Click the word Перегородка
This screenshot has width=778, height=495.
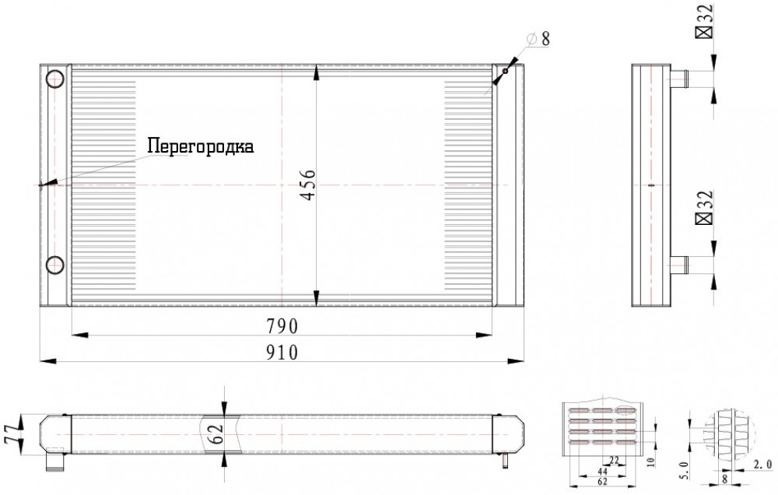coord(201,146)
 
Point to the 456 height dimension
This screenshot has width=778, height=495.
coord(308,184)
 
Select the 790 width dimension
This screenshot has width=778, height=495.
coord(282,326)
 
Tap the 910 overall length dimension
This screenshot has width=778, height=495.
coord(282,352)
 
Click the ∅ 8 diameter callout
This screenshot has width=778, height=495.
coord(539,38)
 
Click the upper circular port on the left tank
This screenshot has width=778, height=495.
coord(54,79)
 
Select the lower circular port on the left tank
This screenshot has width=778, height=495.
coord(54,265)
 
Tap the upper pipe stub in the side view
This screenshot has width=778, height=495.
coord(678,79)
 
